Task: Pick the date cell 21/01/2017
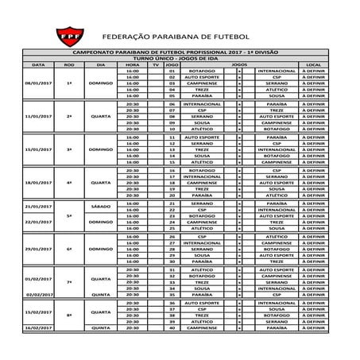[38, 205]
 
